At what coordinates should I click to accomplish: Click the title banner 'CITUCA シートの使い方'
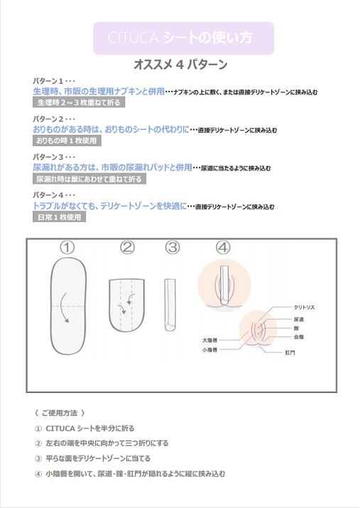pyautogui.click(x=183, y=38)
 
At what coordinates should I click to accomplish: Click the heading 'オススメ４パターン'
pyautogui.click(x=180, y=65)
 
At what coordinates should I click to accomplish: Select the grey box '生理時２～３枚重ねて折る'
pyautogui.click(x=78, y=103)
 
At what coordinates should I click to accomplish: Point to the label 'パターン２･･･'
pyautogui.click(x=49, y=118)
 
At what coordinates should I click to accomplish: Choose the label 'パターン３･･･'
pyautogui.click(x=49, y=157)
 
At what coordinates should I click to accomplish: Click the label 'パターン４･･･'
pyautogui.click(x=49, y=195)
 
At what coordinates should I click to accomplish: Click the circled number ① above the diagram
pyautogui.click(x=67, y=248)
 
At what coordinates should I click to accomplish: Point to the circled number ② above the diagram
pyautogui.click(x=127, y=248)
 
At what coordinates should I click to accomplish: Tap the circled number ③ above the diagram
pyautogui.click(x=172, y=248)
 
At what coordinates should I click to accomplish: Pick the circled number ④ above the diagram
pyautogui.click(x=223, y=248)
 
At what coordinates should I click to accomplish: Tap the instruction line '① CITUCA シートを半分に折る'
pyautogui.click(x=84, y=429)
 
